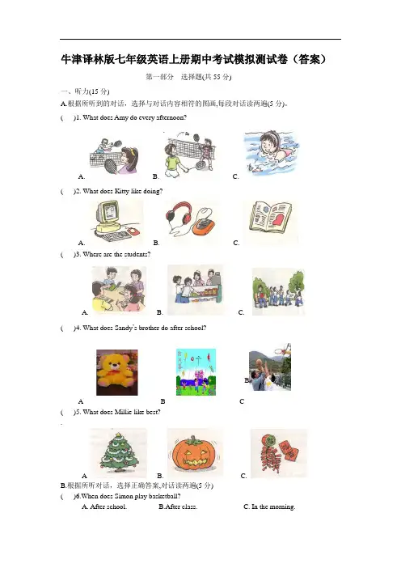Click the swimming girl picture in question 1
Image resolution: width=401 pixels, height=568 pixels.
[x=272, y=153]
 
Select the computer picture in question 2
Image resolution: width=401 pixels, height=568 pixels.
[x=114, y=221]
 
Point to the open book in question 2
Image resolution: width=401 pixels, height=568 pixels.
[x=271, y=216]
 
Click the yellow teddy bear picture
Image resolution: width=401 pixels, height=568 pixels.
[x=117, y=372]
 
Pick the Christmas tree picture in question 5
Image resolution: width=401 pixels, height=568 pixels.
[x=119, y=452]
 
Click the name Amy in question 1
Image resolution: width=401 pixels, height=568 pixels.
[x=121, y=117]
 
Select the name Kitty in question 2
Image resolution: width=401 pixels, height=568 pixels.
[x=122, y=191]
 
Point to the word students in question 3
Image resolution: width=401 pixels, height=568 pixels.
[x=137, y=254]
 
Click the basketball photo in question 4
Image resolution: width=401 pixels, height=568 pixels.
[x=270, y=367]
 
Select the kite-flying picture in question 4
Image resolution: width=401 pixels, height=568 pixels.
[x=196, y=371]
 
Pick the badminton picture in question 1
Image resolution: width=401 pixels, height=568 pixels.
[x=190, y=154]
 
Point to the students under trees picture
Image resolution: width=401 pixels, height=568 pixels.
[x=278, y=292]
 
